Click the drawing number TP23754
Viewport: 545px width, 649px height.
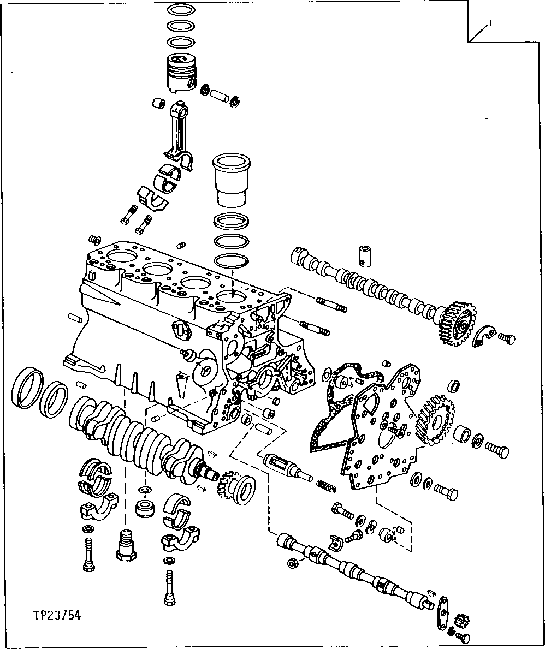(x=56, y=615)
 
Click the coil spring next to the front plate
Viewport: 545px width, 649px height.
(x=327, y=484)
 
